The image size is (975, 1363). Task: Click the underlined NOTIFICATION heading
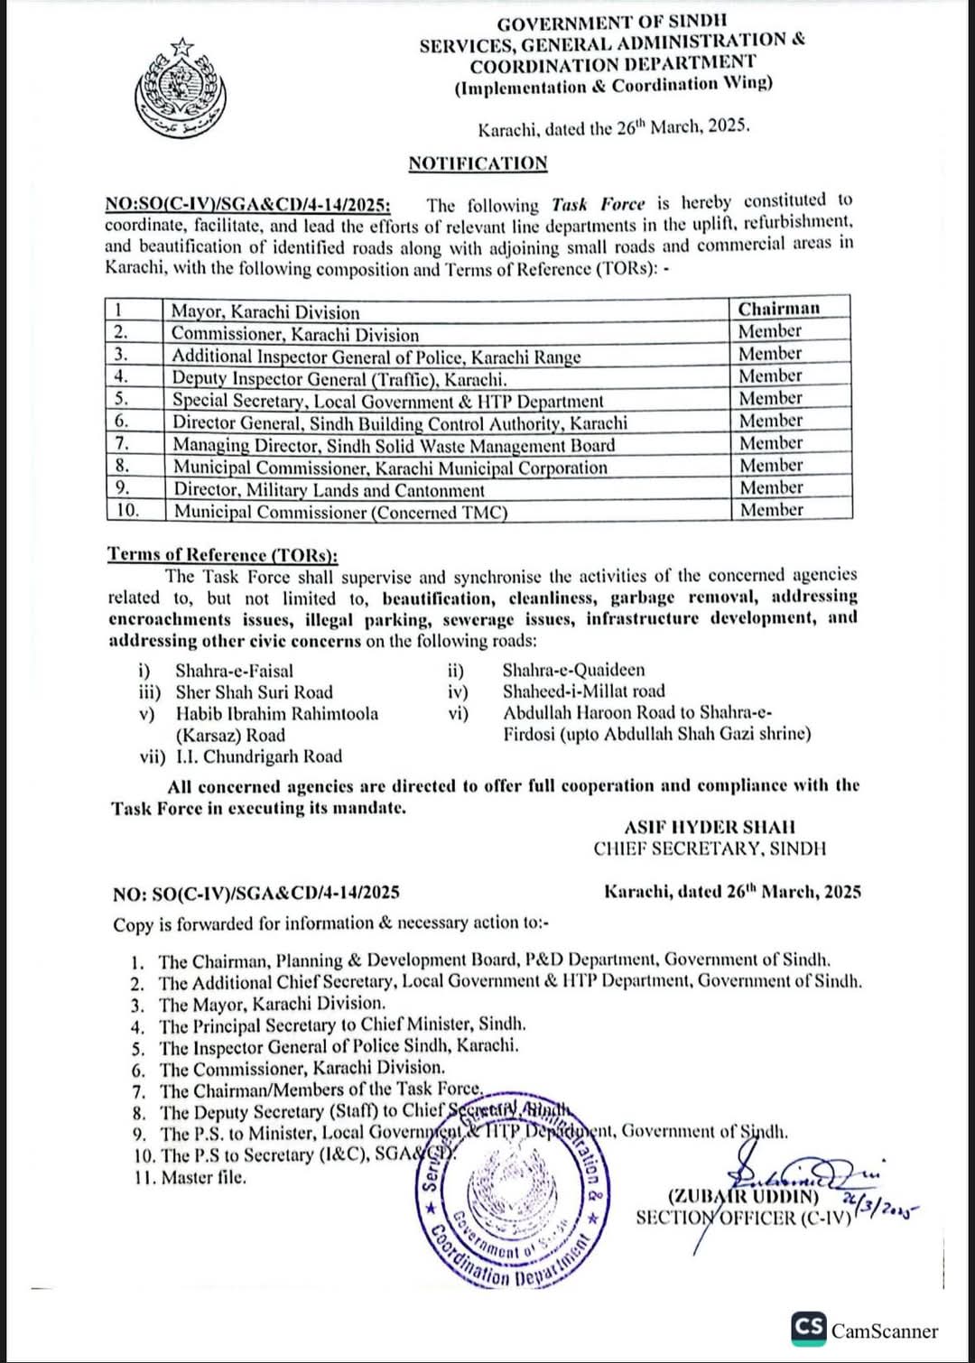point(478,163)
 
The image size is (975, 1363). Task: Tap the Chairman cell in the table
point(778,309)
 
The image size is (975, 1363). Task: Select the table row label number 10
point(128,510)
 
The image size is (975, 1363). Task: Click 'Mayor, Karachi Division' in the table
point(265,312)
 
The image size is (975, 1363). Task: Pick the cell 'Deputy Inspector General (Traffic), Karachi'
point(339,379)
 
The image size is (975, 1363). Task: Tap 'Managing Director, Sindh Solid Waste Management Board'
point(394,445)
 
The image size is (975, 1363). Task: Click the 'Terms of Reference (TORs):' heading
point(222,554)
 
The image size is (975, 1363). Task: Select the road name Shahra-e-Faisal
point(234,671)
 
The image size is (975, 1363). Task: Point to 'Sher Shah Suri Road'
point(254,692)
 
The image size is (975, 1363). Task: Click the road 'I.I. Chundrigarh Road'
point(258,756)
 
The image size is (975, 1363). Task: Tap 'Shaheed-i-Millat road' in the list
point(583,691)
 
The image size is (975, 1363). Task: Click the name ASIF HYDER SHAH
point(710,827)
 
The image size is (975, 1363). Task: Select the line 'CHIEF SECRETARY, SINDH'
point(710,848)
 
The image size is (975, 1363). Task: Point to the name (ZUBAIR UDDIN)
point(743,1197)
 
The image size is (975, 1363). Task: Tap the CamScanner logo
point(865,1330)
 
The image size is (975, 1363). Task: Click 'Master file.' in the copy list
point(203,1177)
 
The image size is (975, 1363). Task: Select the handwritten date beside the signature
point(877,1206)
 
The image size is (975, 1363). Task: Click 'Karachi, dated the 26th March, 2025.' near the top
point(614,127)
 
